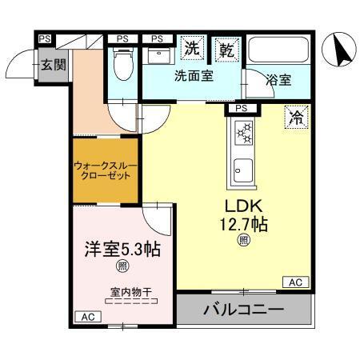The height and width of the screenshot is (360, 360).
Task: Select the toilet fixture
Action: click(122, 64)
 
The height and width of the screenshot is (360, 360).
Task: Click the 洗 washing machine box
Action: click(193, 48)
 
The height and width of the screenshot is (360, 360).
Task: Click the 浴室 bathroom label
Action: click(278, 80)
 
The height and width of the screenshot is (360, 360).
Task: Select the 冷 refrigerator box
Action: click(297, 118)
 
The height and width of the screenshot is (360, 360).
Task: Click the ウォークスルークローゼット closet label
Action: click(106, 170)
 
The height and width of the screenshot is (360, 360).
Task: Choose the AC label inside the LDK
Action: click(294, 282)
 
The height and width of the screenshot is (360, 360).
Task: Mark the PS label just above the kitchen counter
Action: click(242, 108)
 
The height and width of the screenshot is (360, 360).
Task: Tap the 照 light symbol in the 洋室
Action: click(123, 266)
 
